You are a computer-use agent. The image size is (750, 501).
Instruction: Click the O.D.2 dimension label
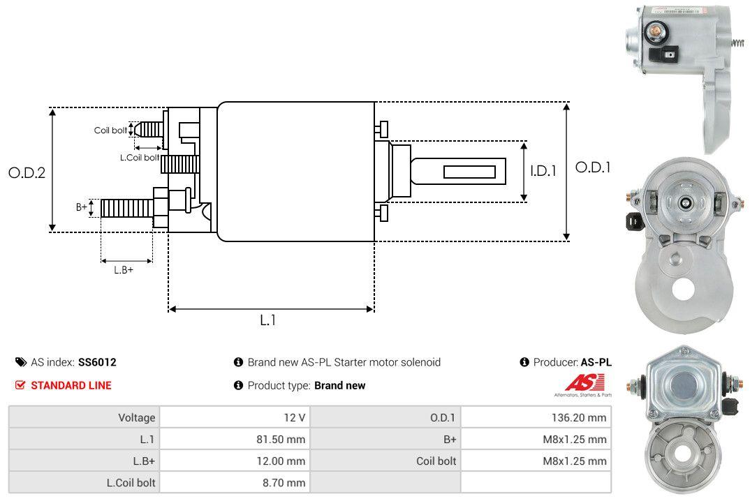coord(27,172)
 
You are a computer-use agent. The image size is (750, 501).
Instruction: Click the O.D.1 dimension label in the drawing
coord(593,167)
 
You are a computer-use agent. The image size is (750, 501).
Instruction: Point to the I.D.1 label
coord(543,170)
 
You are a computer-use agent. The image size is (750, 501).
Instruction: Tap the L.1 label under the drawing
coord(269,320)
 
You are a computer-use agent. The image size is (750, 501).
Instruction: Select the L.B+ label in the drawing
coord(124,269)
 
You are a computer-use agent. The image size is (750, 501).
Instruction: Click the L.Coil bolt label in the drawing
coord(140,158)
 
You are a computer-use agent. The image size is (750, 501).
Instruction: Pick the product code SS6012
coord(97,362)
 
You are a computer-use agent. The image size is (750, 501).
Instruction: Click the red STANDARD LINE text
coord(71,385)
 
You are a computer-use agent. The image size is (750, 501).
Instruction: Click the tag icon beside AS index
coord(21,362)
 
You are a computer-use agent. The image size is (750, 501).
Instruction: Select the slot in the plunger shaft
coord(469,172)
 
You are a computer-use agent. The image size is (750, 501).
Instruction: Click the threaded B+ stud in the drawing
coord(126,208)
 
